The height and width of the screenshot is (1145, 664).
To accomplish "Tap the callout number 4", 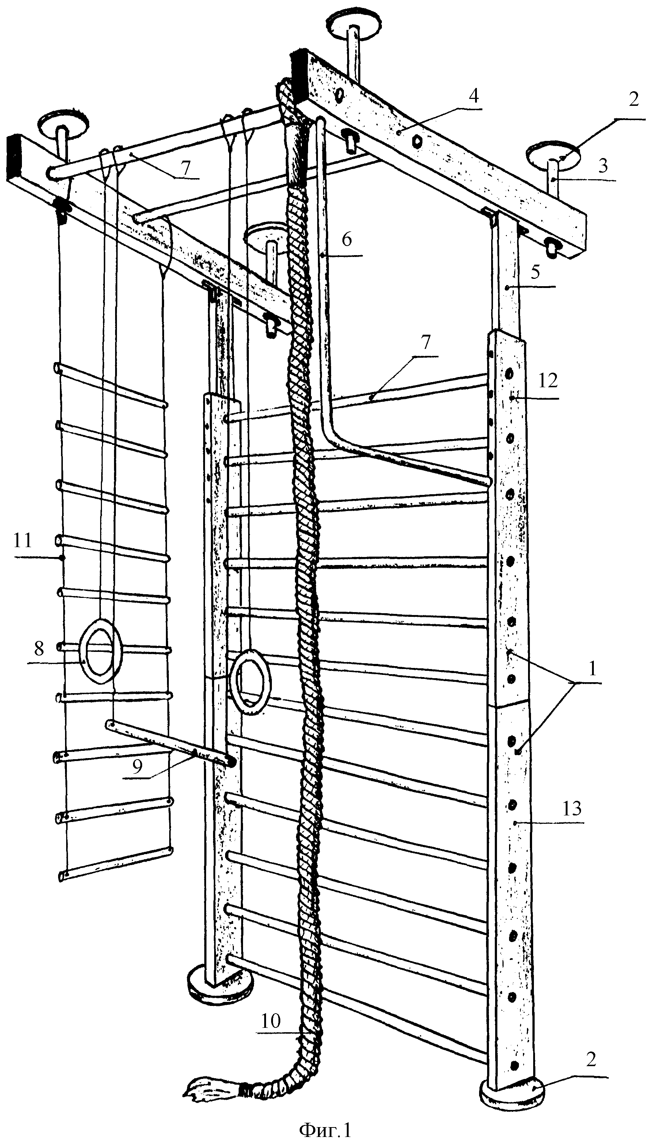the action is tap(474, 96).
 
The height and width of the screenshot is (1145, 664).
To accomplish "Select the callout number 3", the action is tap(602, 166).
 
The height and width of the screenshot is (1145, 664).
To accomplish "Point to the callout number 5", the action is tap(535, 272).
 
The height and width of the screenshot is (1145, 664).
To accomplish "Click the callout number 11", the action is tap(23, 540).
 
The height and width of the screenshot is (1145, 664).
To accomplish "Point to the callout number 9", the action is tap(137, 766).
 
